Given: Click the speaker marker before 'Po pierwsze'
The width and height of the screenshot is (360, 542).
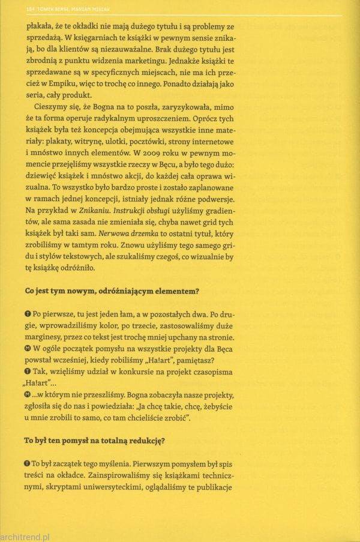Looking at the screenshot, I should (x=29, y=314).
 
